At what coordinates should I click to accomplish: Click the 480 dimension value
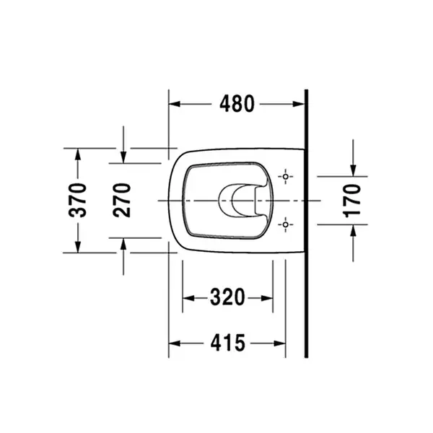click(237, 104)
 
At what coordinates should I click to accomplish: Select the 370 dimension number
click(78, 200)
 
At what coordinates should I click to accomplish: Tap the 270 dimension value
click(122, 200)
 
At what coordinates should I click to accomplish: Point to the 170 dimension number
click(352, 201)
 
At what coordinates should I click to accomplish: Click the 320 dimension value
click(227, 297)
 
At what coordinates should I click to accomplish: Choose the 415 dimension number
click(228, 343)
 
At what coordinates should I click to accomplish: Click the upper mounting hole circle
click(286, 177)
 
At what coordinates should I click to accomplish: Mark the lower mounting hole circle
click(286, 224)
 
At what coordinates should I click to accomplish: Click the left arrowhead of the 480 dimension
click(175, 104)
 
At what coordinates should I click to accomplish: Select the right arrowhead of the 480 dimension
click(299, 104)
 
